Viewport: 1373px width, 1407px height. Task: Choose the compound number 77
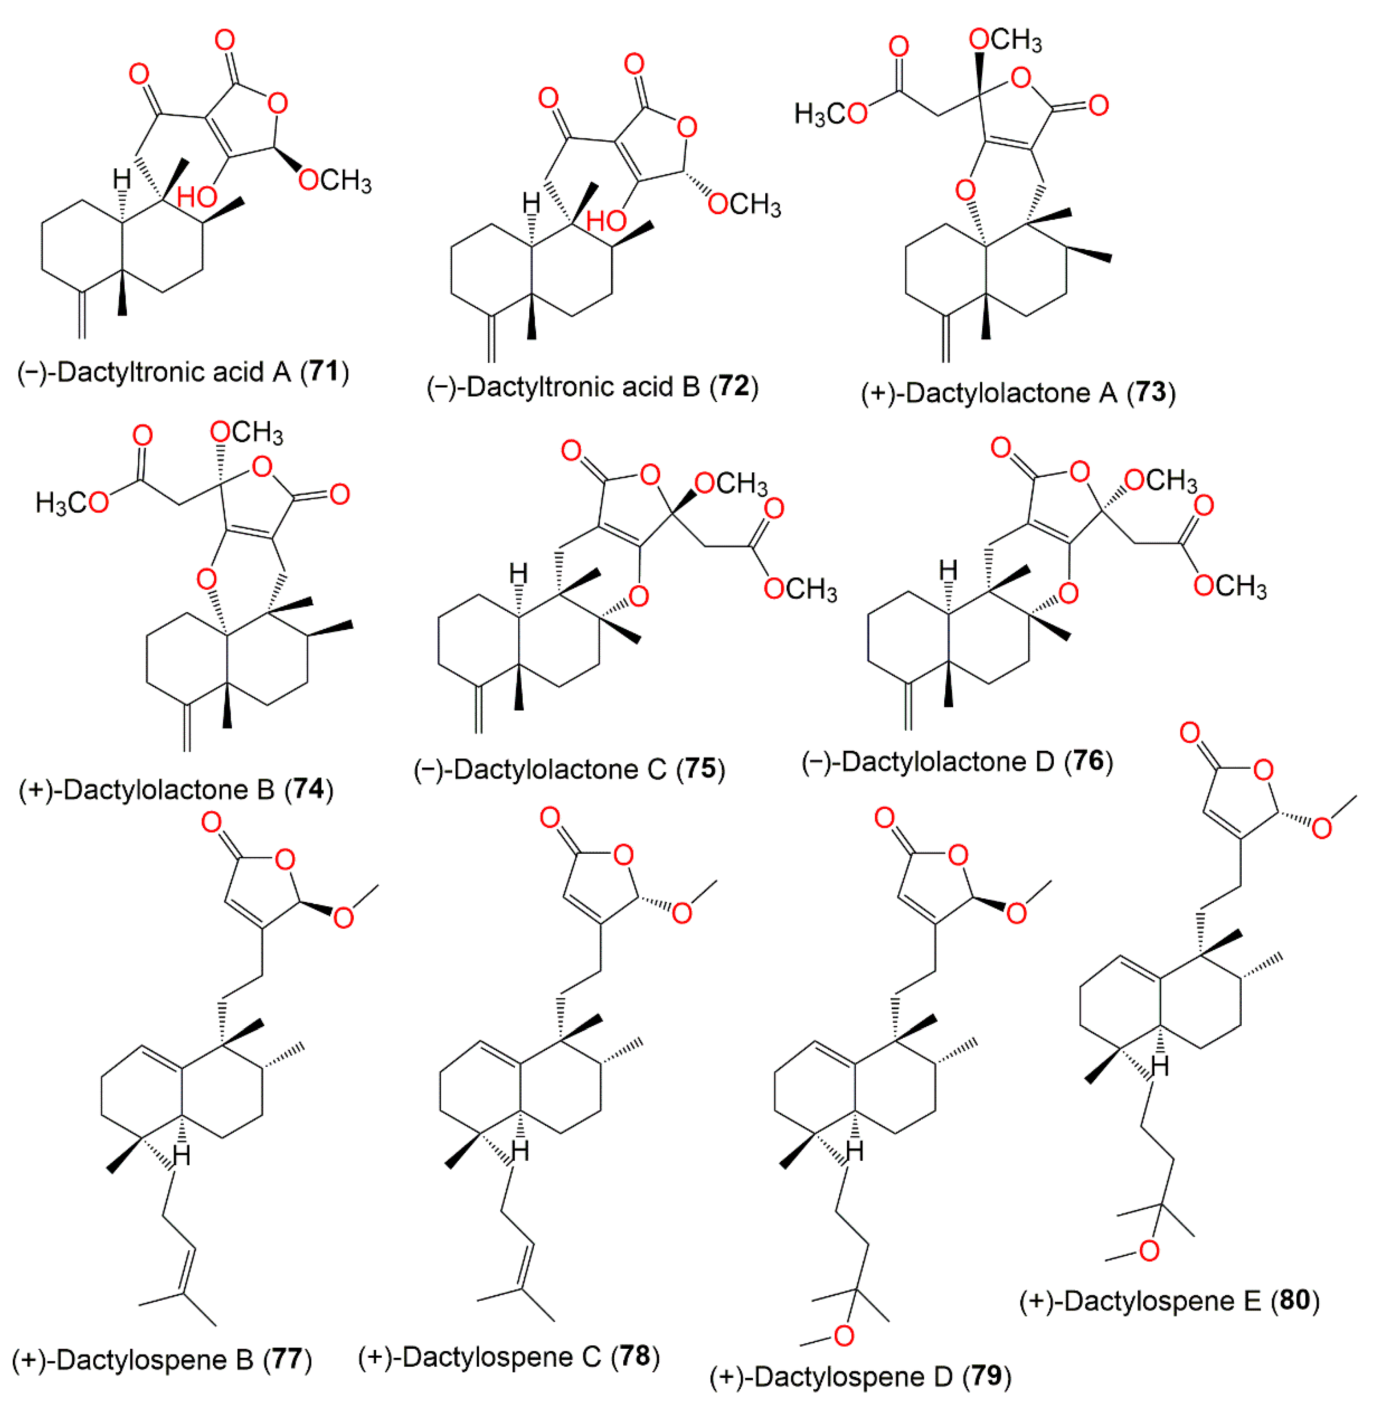tap(287, 1359)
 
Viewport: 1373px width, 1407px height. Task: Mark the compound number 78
tap(634, 1357)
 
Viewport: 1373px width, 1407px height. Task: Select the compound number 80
tap(1294, 1300)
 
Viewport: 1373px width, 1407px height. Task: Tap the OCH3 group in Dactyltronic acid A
tap(335, 180)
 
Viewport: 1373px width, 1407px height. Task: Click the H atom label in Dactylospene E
tap(1160, 1066)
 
